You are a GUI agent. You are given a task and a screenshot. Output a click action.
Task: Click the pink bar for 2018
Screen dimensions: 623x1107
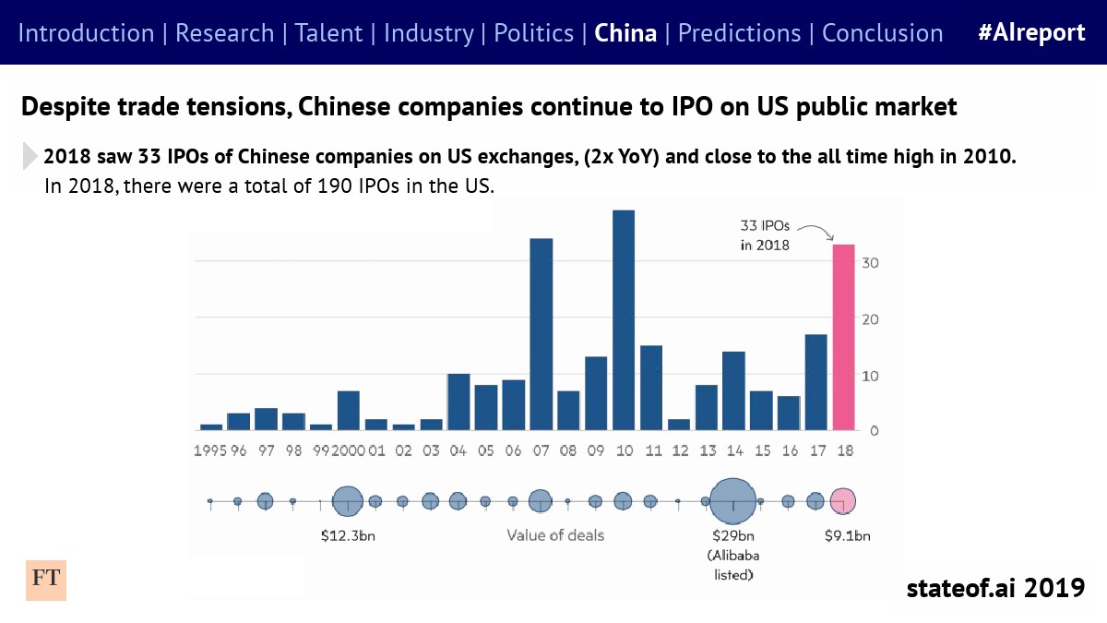pos(843,337)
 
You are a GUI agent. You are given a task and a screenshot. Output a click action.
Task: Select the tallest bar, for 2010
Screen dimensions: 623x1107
pos(624,320)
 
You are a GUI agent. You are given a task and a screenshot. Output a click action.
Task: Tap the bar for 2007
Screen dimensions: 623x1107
pos(541,334)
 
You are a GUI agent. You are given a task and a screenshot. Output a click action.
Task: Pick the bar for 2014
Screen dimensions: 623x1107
pos(733,390)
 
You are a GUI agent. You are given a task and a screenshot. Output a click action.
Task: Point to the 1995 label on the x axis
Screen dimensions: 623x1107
pos(209,451)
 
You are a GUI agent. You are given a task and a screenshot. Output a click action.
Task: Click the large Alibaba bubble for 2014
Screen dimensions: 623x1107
pos(732,501)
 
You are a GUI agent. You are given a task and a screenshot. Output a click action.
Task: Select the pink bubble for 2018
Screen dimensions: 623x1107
pos(842,500)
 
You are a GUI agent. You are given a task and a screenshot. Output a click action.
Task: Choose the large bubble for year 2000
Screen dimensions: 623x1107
pos(347,501)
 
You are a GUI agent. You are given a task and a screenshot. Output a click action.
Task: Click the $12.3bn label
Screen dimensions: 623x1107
pos(347,535)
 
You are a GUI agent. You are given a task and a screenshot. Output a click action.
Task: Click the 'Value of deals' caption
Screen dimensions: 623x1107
pos(555,535)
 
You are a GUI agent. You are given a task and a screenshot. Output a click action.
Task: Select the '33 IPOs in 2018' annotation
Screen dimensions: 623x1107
pos(765,235)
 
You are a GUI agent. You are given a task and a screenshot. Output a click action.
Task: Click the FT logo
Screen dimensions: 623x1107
pos(46,579)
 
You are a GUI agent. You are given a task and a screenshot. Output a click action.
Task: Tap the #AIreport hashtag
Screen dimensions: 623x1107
pos(1031,33)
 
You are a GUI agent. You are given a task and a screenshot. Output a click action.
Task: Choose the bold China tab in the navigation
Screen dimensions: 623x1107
pos(625,33)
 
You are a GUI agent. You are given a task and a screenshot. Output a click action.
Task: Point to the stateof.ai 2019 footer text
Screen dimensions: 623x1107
pos(994,588)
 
